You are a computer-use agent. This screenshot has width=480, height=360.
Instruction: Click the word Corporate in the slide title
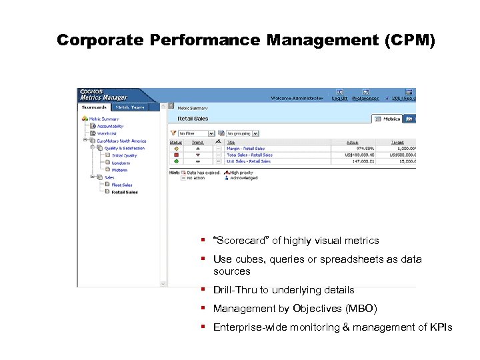point(99,40)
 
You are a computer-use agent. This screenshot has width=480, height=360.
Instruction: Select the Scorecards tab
point(95,107)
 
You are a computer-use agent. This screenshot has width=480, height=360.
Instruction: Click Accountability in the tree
point(111,126)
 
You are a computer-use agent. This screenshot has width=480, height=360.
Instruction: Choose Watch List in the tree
point(107,133)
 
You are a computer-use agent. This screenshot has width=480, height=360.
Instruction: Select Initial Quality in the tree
point(124,155)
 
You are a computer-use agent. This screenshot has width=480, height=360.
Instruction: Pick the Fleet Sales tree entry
point(122,185)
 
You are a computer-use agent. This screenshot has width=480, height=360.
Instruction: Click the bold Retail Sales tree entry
point(125,192)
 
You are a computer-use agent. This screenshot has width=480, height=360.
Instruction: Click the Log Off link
point(339,98)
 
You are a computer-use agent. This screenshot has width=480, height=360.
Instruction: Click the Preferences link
point(365,98)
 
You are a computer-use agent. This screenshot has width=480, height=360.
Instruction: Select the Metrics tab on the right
point(388,119)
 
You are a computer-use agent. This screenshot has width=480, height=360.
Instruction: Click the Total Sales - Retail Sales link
point(249,155)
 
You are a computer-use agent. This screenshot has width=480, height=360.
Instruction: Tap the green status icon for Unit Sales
point(175,161)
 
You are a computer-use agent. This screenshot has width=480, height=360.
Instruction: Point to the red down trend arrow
point(198,155)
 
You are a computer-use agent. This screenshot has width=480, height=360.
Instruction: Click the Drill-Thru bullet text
point(283,290)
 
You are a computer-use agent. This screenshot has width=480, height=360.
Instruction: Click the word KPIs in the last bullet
point(441,327)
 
